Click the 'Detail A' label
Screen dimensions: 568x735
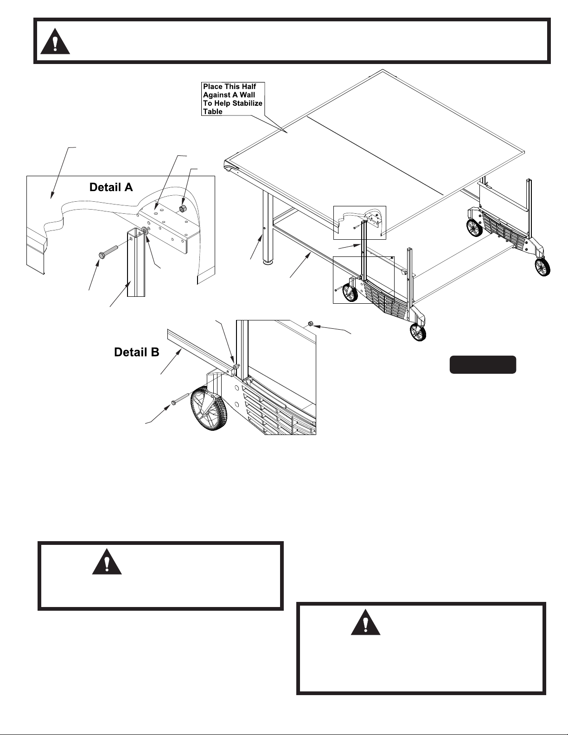coord(111,187)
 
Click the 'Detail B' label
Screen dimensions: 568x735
coord(137,352)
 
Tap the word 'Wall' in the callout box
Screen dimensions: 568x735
coord(247,95)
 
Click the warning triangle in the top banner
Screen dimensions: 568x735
coord(55,42)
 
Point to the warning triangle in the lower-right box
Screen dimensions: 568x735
coord(365,623)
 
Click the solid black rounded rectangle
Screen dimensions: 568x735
coord(483,364)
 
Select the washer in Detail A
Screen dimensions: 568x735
coord(145,230)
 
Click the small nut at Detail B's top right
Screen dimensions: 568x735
coord(311,325)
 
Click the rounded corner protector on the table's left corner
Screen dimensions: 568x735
coord(230,167)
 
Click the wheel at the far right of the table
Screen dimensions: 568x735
coord(542,267)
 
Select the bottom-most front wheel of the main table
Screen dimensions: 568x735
coord(418,332)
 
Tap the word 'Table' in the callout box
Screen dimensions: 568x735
coord(213,112)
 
